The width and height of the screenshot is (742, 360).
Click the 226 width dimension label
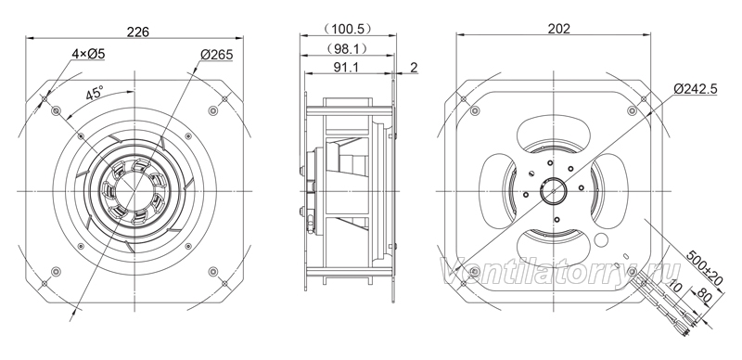click(x=138, y=32)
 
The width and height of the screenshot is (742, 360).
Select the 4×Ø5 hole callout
click(x=88, y=54)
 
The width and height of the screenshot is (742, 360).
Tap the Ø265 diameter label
click(x=217, y=55)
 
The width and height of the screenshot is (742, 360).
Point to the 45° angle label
click(x=95, y=93)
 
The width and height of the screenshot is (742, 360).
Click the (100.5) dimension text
click(x=348, y=30)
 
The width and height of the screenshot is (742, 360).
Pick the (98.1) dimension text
click(x=348, y=48)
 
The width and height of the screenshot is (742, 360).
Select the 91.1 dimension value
click(x=346, y=67)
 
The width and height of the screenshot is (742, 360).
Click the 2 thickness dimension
click(x=414, y=67)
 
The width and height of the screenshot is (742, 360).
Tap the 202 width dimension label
click(x=559, y=29)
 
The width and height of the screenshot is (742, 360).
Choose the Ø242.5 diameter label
click(x=696, y=88)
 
